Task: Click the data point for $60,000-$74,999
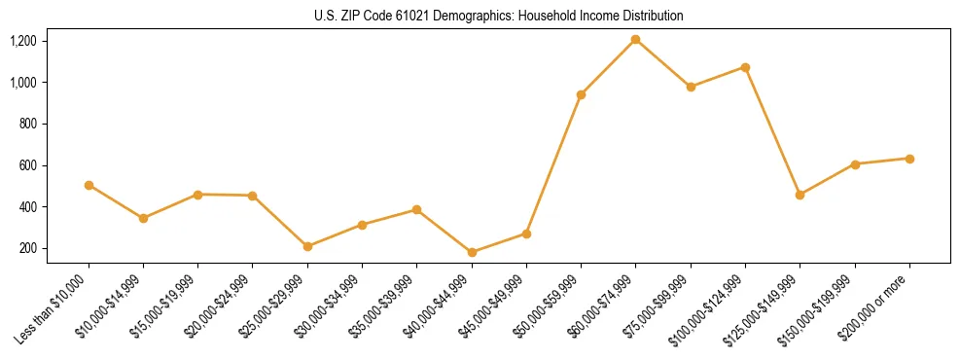[635, 39]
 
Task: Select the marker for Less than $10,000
[89, 185]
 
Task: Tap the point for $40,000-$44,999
[472, 252]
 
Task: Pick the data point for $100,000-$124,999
[745, 67]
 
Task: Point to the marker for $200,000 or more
[909, 159]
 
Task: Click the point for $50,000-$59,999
[581, 94]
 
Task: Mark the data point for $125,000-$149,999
[800, 195]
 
